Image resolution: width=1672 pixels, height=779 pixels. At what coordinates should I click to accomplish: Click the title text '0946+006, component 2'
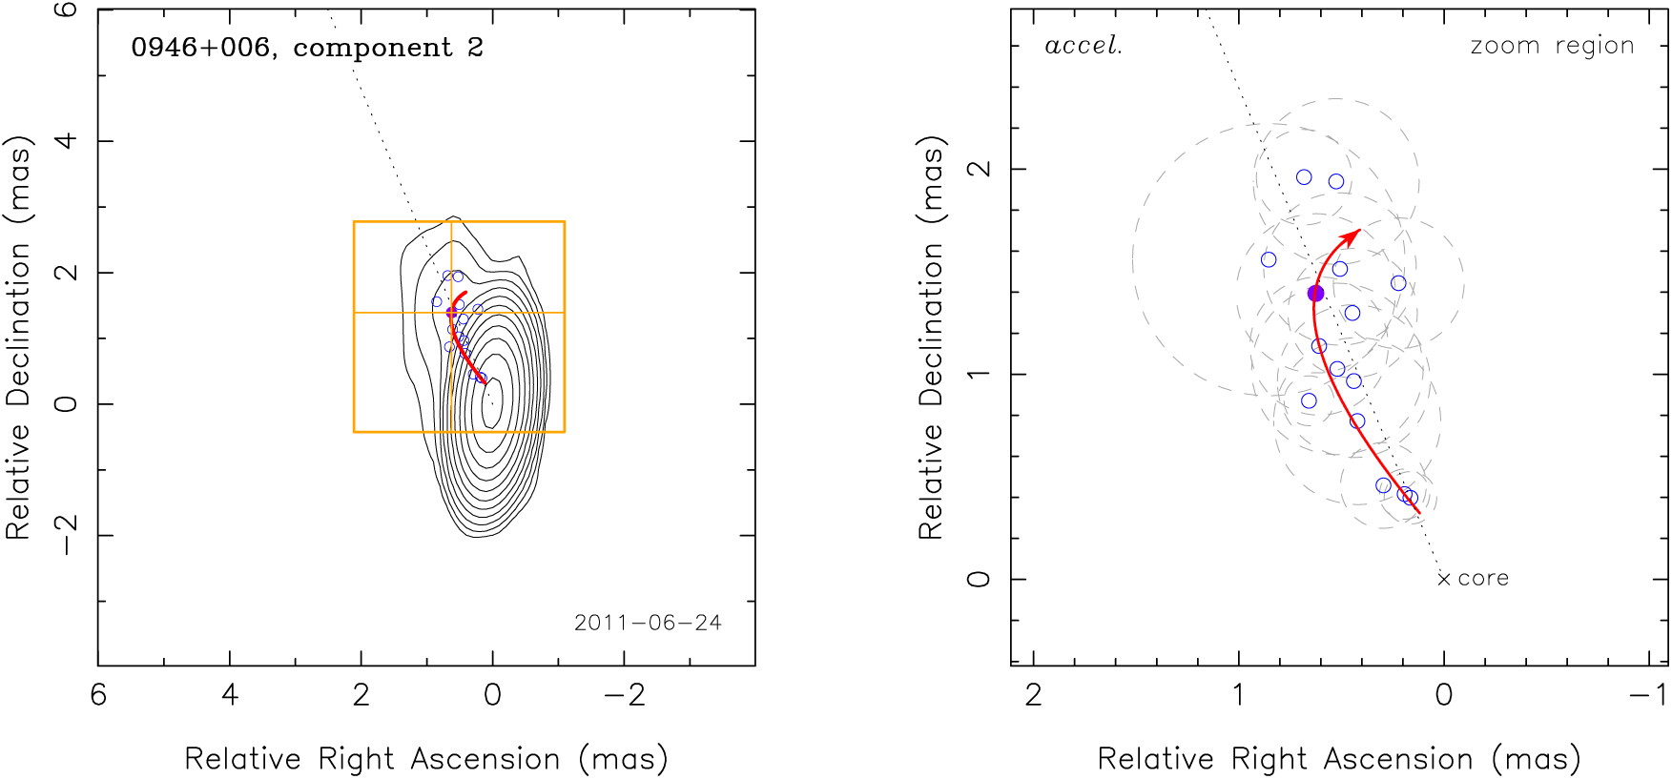307,48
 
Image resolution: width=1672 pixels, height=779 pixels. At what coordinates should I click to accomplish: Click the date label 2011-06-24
648,623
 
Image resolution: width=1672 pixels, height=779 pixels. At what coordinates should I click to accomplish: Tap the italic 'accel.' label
1083,46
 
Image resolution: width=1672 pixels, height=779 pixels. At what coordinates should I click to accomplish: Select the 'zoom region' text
1552,46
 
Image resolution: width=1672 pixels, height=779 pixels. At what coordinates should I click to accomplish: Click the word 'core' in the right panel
1483,578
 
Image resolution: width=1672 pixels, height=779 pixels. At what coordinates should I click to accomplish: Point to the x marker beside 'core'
1444,579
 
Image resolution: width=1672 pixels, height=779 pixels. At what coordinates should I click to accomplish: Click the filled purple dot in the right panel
1316,293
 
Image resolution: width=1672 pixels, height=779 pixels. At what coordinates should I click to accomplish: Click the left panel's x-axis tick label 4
230,694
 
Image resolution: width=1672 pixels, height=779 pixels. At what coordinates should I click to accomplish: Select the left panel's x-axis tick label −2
624,694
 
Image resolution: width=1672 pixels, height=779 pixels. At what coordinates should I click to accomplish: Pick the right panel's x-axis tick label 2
1034,694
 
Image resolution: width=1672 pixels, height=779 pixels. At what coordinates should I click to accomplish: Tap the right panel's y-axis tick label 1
979,374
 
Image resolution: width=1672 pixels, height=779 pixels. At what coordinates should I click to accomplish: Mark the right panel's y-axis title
932,338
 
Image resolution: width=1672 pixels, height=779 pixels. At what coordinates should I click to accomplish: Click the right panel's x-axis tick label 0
1444,694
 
